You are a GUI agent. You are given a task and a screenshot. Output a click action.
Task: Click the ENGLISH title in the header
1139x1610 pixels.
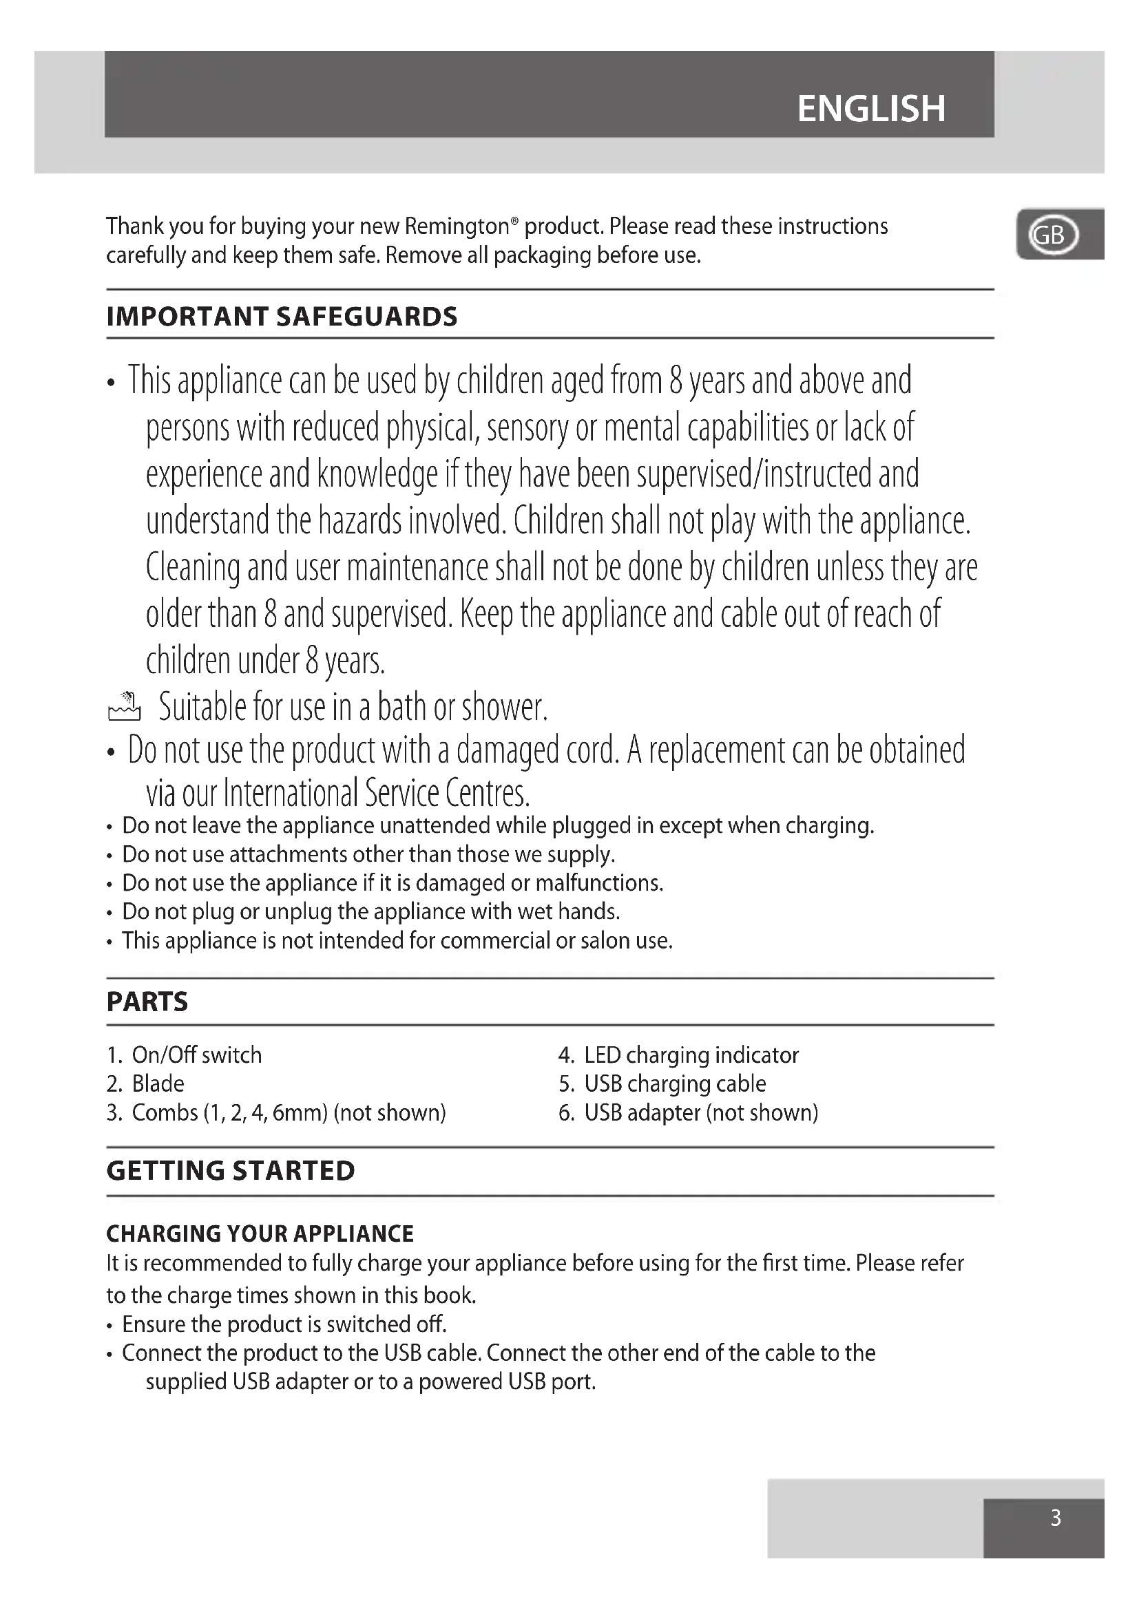coord(871,109)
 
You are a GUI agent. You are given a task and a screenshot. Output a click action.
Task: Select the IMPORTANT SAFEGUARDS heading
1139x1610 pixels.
coord(282,317)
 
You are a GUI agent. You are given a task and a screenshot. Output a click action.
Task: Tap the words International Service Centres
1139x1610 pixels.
coord(376,794)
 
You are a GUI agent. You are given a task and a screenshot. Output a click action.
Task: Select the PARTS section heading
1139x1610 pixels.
coord(147,1002)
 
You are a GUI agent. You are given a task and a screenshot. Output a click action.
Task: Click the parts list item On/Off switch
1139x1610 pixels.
coord(196,1055)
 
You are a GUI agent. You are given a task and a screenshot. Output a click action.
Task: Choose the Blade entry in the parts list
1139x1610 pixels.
coord(158,1084)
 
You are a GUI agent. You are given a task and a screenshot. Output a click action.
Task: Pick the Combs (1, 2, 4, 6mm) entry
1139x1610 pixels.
coord(289,1113)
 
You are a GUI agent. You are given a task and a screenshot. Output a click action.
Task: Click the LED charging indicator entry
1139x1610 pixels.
coord(691,1055)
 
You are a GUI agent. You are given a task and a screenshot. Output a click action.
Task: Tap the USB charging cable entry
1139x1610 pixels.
coord(675,1084)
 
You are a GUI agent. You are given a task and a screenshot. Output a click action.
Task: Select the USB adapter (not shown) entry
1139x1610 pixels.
coord(700,1113)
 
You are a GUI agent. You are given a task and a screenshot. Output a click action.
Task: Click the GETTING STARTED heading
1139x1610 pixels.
coord(231,1171)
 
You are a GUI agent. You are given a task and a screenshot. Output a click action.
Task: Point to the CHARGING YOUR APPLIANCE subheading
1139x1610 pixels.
coord(260,1233)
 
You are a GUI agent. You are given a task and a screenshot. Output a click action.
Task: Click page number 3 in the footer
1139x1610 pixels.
coord(1056,1518)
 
